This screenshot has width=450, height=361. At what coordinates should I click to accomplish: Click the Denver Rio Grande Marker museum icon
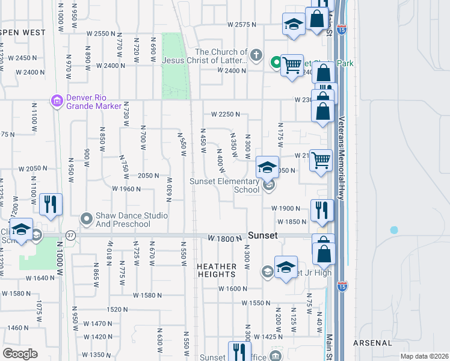57,101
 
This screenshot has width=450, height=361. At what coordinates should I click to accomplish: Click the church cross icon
256,56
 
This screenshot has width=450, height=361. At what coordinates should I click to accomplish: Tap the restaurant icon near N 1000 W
50,204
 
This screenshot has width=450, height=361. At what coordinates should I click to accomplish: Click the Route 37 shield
70,235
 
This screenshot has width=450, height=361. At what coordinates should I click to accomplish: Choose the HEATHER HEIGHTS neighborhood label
217,270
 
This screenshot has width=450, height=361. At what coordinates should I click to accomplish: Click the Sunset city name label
262,236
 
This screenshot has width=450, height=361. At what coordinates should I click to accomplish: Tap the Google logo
20,354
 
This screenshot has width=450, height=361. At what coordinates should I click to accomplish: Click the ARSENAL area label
373,343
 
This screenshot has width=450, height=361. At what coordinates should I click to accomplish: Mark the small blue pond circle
394,230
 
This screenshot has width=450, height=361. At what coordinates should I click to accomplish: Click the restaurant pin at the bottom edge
239,351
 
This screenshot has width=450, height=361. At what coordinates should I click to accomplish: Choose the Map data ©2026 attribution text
425,356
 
